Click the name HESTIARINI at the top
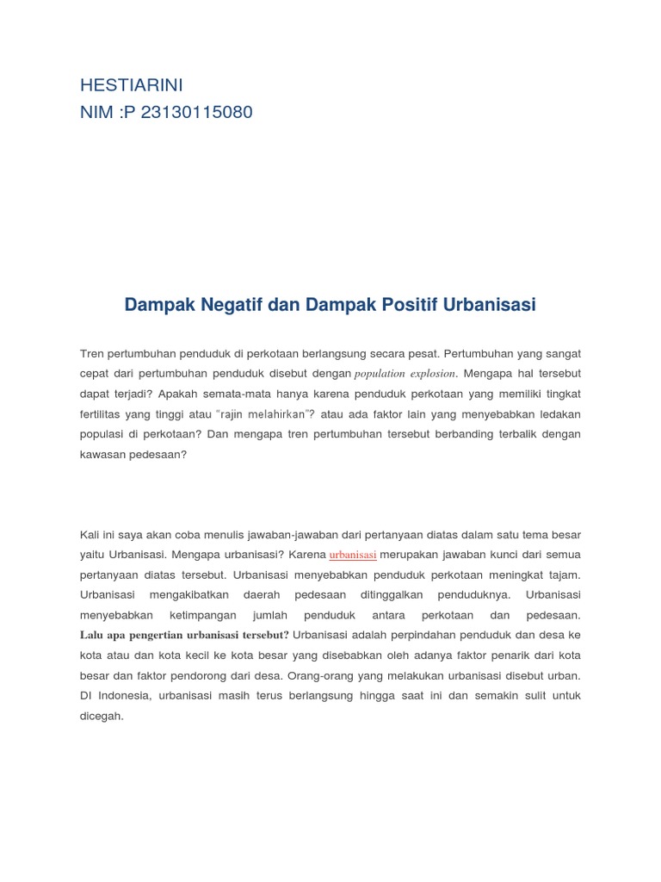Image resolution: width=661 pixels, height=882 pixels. [132, 85]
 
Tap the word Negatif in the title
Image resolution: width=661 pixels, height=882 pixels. [231, 304]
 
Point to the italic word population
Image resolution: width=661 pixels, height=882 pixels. [380, 374]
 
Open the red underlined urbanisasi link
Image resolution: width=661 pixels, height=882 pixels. [353, 555]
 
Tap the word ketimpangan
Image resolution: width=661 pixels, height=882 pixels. [204, 615]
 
